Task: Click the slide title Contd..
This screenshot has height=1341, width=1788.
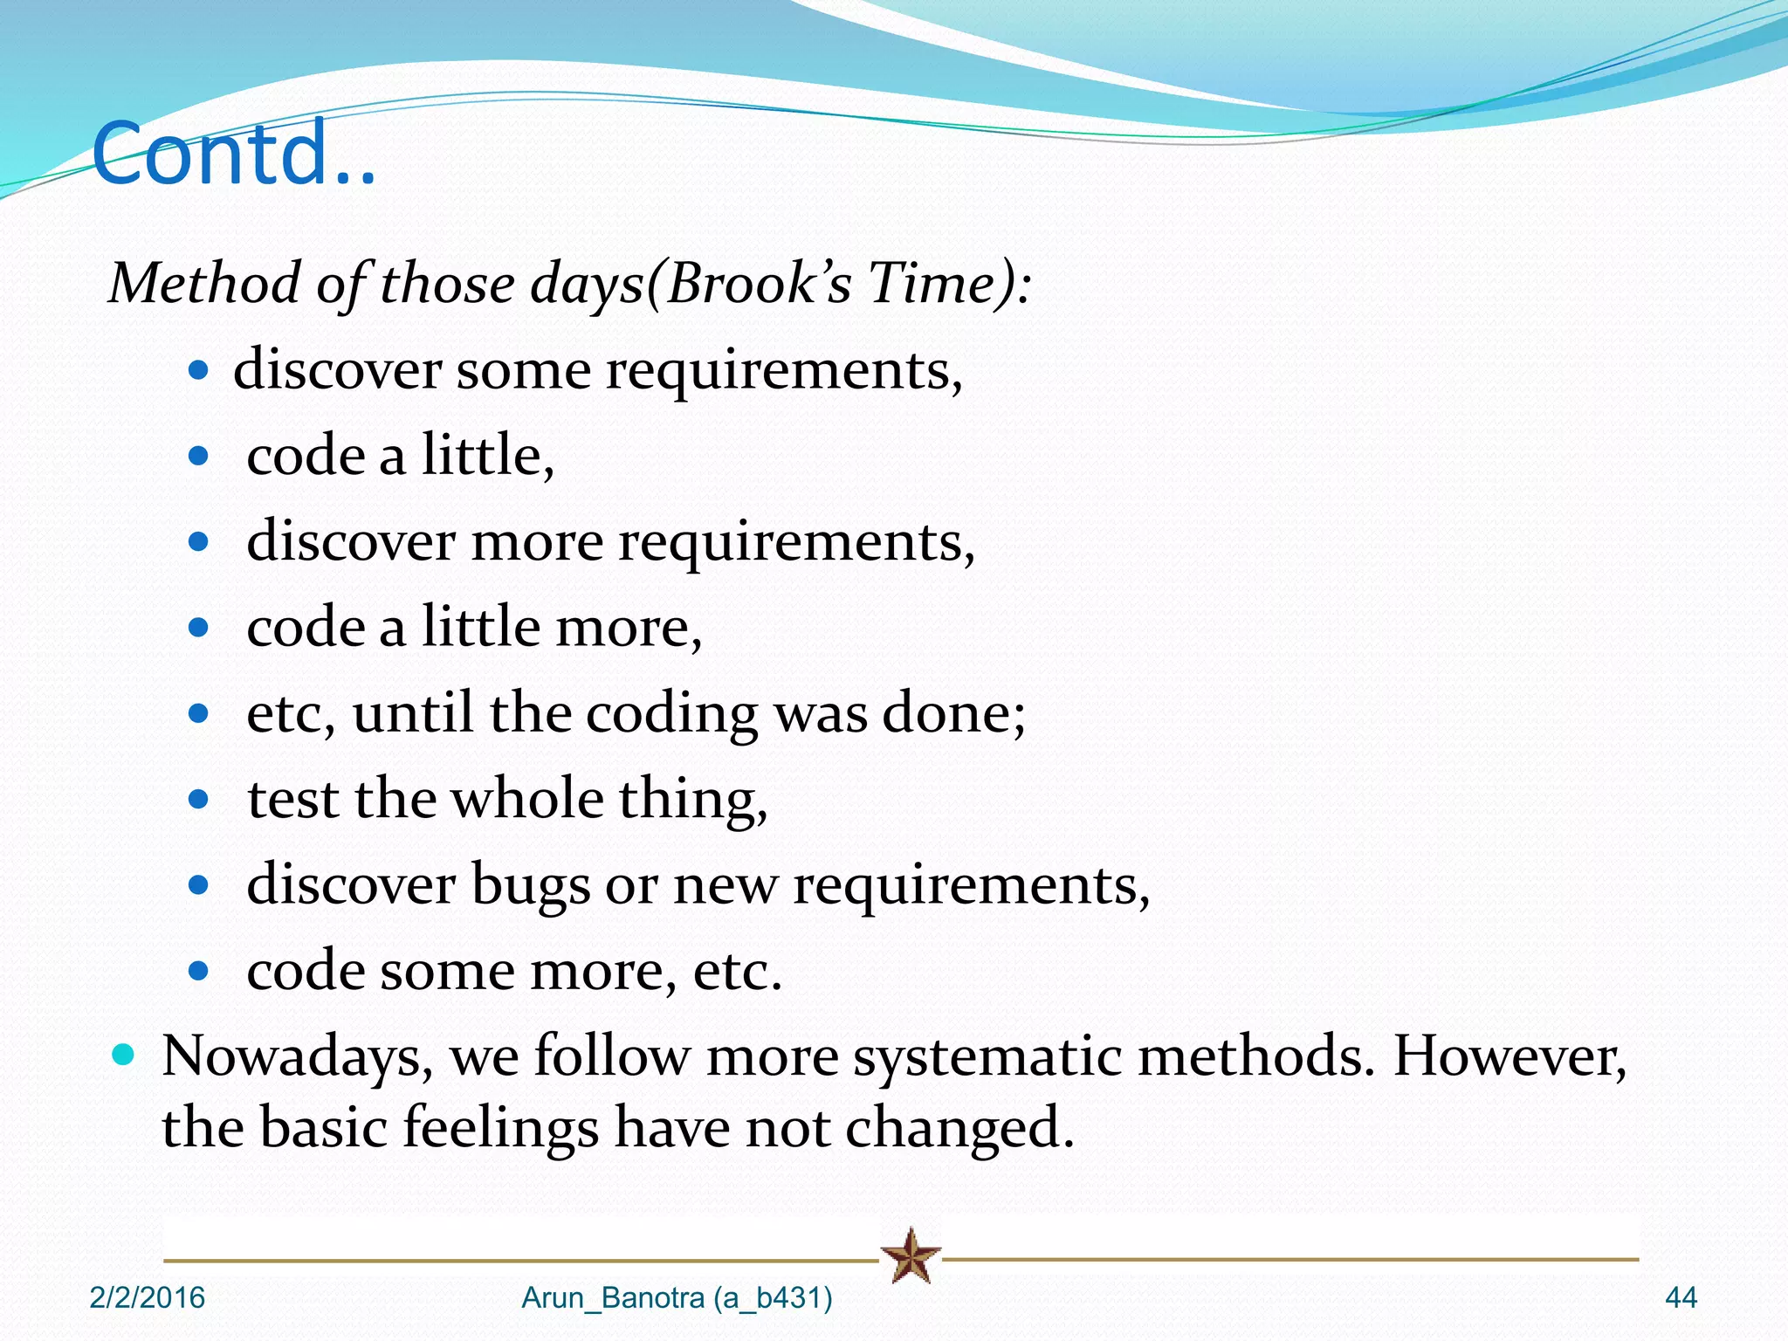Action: click(233, 154)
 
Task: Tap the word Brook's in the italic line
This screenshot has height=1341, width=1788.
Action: click(758, 284)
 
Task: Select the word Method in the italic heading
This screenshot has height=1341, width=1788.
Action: click(203, 284)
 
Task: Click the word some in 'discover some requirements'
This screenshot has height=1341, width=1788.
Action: click(523, 370)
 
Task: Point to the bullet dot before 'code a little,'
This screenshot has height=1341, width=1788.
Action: click(199, 456)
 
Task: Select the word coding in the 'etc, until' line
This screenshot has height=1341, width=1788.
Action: click(671, 714)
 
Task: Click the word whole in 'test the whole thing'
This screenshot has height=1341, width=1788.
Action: click(527, 799)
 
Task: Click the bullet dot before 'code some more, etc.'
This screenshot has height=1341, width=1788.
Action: click(199, 971)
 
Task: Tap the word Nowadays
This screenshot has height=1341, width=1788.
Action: click(298, 1057)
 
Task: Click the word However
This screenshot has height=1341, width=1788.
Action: click(1509, 1057)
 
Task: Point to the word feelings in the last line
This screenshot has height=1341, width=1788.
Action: click(500, 1128)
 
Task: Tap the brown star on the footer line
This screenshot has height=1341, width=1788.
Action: click(910, 1256)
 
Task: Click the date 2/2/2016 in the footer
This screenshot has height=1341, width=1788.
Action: click(147, 1298)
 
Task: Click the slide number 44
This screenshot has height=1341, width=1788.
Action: click(1681, 1298)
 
